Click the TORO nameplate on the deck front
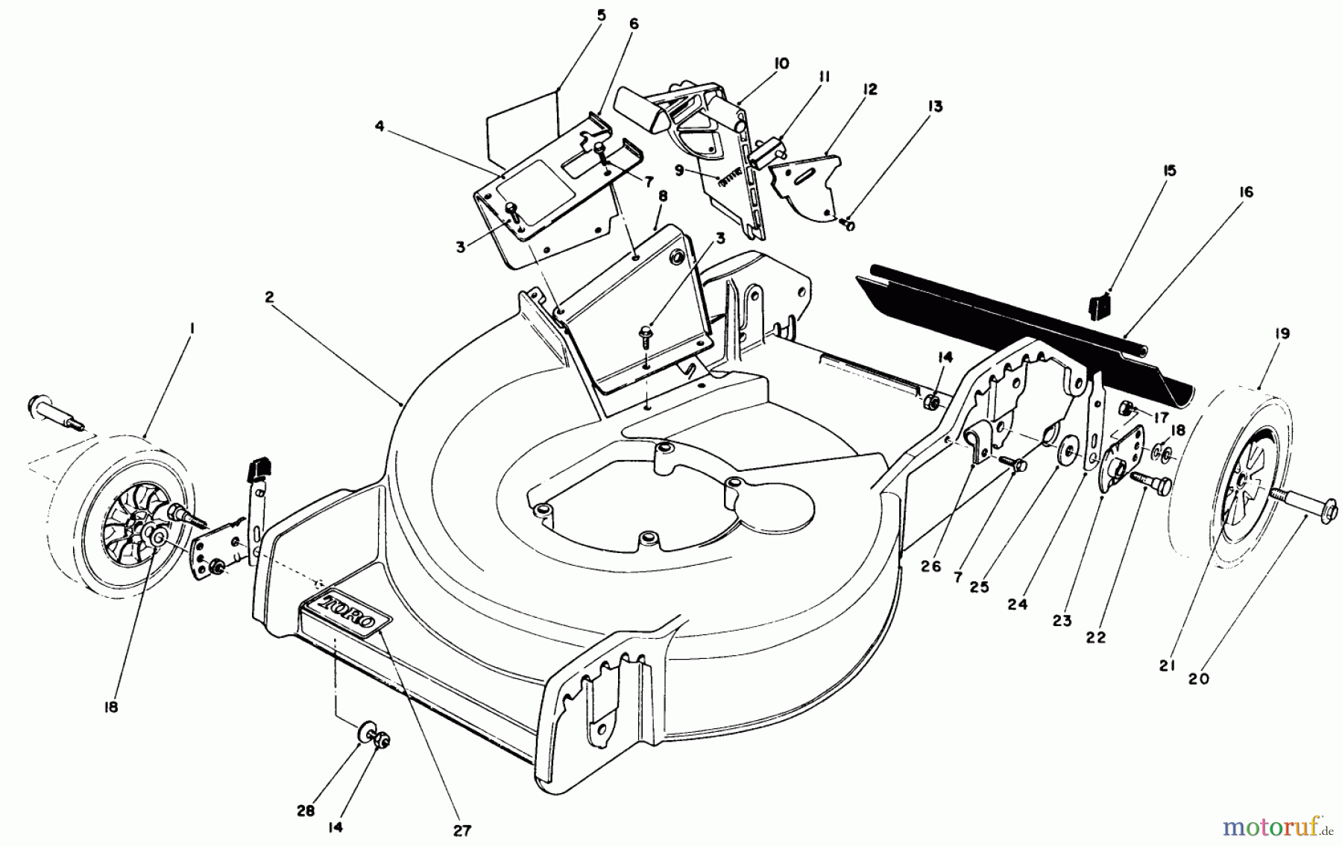click(347, 613)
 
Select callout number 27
click(462, 830)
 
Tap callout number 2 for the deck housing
click(269, 297)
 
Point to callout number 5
click(601, 15)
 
